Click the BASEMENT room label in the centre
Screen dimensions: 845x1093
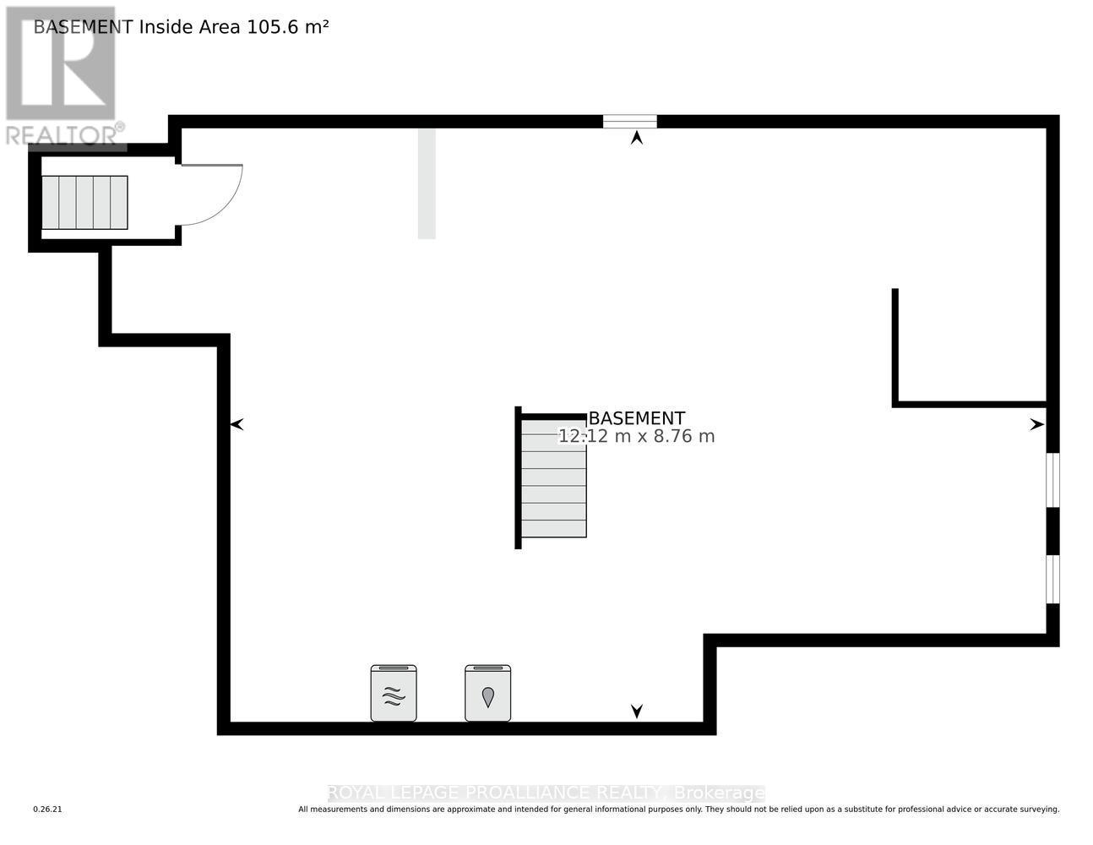(x=636, y=418)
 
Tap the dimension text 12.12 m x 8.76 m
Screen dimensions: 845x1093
(x=636, y=437)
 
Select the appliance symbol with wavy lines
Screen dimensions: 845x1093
(x=394, y=694)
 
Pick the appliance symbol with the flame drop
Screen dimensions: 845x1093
(x=487, y=694)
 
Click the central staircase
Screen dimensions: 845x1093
(x=553, y=477)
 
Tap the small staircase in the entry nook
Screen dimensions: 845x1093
(x=84, y=203)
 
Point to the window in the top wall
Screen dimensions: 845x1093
(x=629, y=122)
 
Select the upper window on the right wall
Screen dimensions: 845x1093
(x=1052, y=480)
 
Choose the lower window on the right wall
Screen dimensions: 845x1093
(x=1052, y=580)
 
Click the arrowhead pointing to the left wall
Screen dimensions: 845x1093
(x=237, y=424)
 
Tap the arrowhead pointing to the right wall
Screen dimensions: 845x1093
(x=1036, y=425)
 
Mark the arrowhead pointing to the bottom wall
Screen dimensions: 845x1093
(x=637, y=711)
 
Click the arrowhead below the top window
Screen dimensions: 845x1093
(x=637, y=137)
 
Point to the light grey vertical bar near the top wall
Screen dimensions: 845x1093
(x=427, y=183)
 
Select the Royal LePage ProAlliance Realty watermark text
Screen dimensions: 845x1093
(x=546, y=793)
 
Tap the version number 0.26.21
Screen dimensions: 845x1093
(x=48, y=810)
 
